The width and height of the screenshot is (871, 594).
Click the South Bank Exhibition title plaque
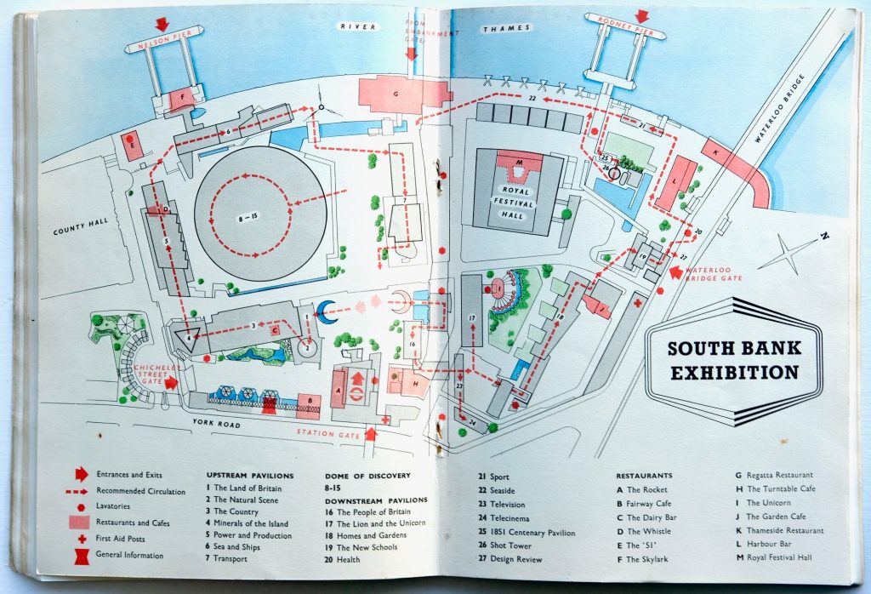pos(733,360)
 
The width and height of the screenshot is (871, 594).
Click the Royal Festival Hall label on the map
pos(514,204)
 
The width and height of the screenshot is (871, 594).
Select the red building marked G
pos(396,94)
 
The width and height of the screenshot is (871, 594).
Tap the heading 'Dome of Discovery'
pos(367,475)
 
